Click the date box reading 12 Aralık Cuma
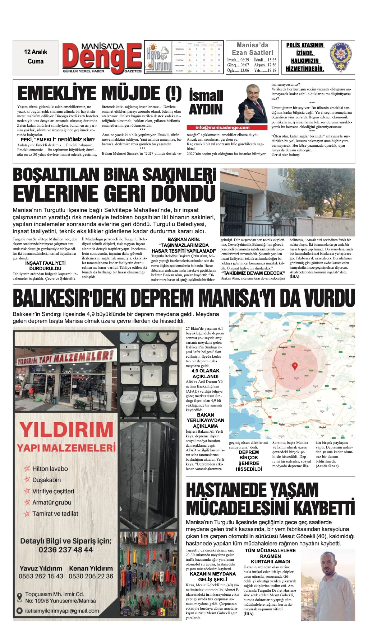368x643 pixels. point(35,57)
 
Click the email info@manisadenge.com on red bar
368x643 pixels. point(222,127)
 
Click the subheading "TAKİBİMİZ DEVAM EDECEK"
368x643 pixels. point(253,273)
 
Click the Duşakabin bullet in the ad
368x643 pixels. point(46,480)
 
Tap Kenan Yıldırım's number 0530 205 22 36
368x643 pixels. point(91,576)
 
